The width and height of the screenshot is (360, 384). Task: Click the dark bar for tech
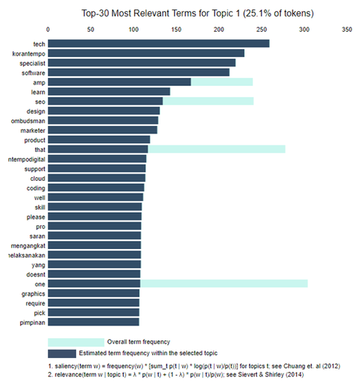click(159, 44)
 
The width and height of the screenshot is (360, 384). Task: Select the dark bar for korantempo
click(146, 53)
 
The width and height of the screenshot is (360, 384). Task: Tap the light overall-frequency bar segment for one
click(224, 283)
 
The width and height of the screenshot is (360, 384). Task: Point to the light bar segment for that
click(216, 149)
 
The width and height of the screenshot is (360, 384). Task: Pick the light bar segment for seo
click(208, 101)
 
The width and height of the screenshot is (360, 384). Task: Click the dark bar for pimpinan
click(93, 322)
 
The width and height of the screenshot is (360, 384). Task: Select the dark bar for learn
click(109, 91)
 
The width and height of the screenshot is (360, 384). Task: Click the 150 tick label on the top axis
click(176, 30)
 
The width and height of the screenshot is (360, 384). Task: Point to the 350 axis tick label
click(347, 30)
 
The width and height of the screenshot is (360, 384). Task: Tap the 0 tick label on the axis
click(48, 30)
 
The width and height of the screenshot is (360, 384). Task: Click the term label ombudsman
click(28, 121)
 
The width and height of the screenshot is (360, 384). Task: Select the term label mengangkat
click(28, 245)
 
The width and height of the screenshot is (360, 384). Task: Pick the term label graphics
click(33, 294)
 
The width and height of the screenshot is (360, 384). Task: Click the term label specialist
click(33, 64)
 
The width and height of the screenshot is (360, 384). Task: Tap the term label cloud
click(38, 179)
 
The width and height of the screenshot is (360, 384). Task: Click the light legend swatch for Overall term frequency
click(76, 342)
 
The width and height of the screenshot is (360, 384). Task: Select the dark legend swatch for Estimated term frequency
click(62, 354)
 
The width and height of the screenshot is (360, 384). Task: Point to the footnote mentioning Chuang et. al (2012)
click(194, 366)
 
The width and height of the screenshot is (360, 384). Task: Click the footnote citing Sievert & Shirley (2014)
click(176, 374)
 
